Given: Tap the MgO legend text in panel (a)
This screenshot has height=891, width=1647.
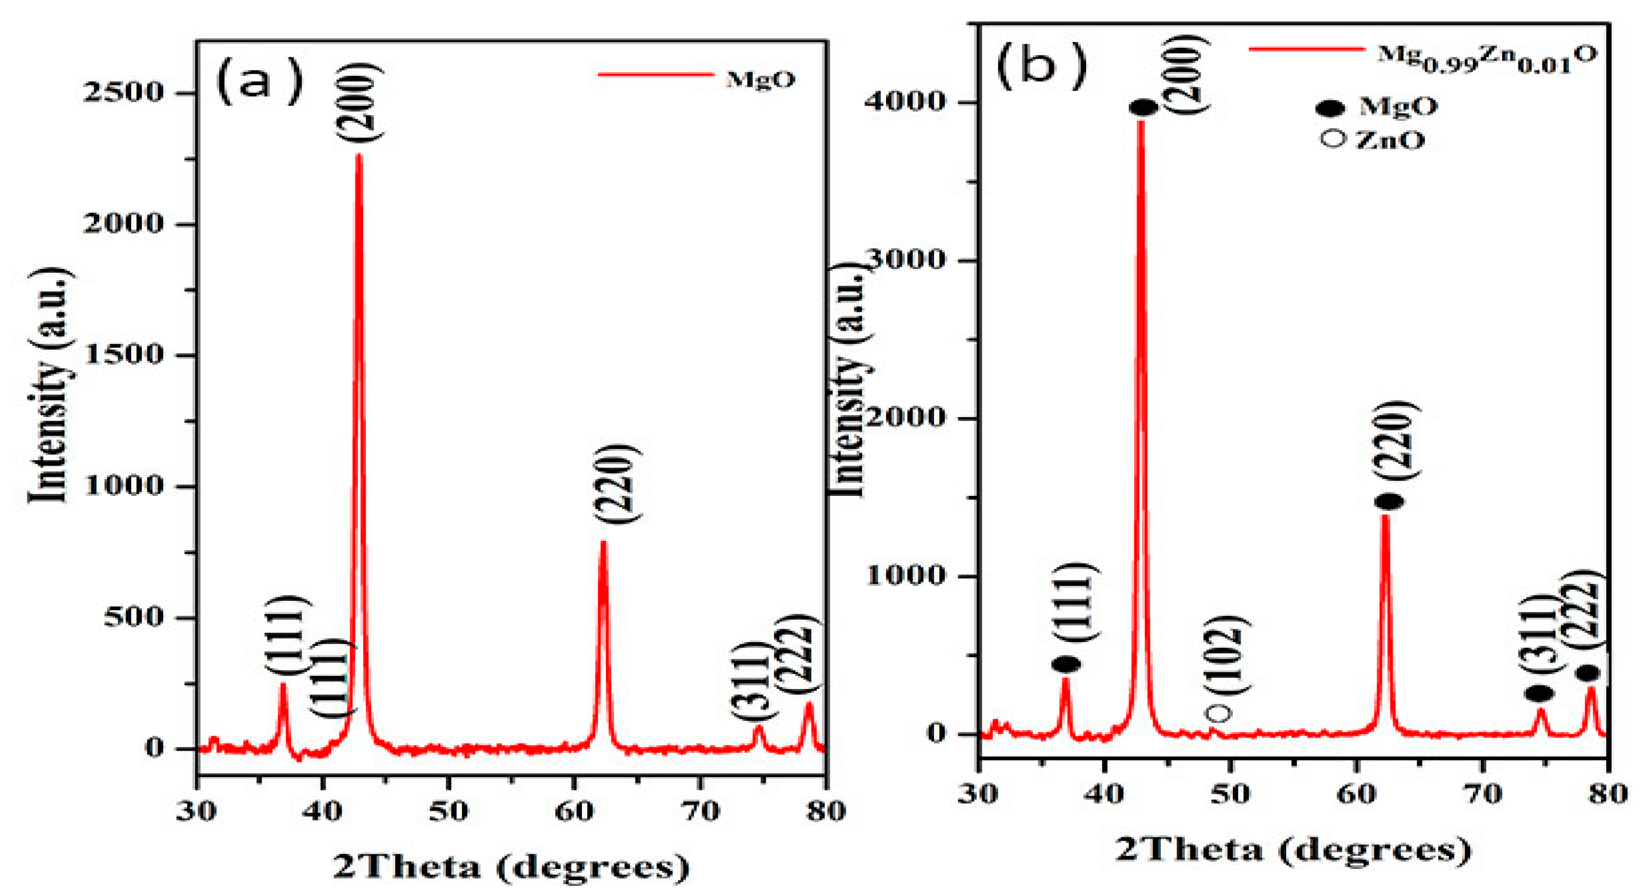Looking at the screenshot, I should point(760,79).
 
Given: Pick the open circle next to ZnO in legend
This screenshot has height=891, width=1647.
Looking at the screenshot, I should point(1333,139).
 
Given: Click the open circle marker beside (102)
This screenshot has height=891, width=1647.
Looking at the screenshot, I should point(1218,713).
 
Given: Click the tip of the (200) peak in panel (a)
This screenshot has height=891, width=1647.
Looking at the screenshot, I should point(358,156).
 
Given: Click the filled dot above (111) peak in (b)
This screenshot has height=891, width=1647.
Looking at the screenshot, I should point(1066,665).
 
